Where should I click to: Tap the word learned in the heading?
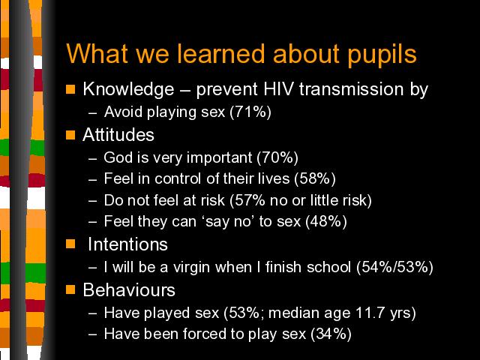click(x=220, y=53)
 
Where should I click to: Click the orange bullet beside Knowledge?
click(x=70, y=89)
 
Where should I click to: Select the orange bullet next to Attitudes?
click(x=70, y=135)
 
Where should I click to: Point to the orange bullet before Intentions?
click(x=70, y=244)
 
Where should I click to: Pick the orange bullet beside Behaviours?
click(x=70, y=289)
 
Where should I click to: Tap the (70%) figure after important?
click(x=277, y=157)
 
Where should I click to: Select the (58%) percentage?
click(x=315, y=178)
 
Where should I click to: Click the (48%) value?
click(x=326, y=221)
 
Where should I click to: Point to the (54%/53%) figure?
click(x=394, y=267)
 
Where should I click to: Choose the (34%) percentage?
click(x=331, y=334)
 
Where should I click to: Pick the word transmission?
click(x=351, y=89)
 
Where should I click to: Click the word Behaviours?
click(x=129, y=289)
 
